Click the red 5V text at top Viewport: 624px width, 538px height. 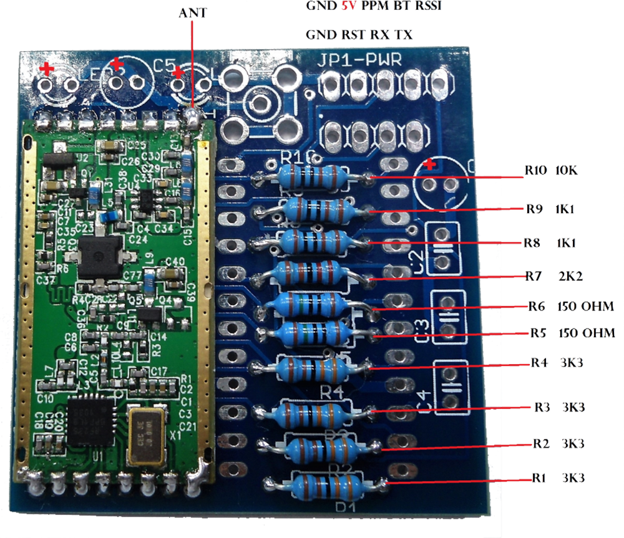348,6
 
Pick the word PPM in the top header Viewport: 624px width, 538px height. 373,6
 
